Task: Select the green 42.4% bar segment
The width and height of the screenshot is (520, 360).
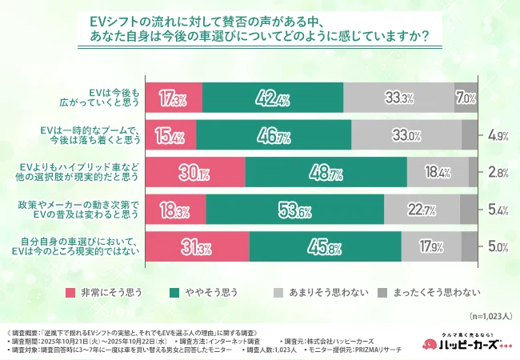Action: (x=272, y=99)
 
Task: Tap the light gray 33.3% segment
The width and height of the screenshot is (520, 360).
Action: (x=398, y=99)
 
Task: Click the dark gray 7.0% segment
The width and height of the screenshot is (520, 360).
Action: (x=466, y=99)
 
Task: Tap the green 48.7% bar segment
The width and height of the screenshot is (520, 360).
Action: (x=326, y=173)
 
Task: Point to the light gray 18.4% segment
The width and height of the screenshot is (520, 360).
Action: (x=437, y=173)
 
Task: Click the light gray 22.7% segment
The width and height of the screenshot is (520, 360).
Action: (x=421, y=210)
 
